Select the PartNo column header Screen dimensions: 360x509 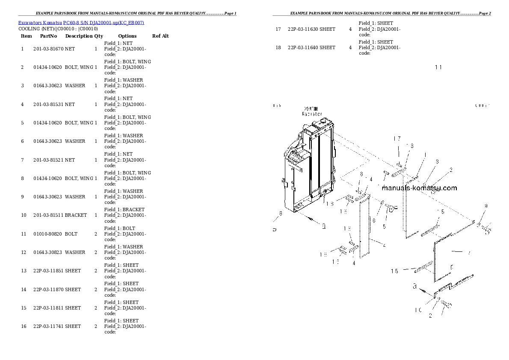pyautogui.click(x=48, y=36)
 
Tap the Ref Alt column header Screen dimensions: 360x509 pyautogui.click(x=160, y=36)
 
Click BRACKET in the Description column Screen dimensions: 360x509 pyautogui.click(x=76, y=215)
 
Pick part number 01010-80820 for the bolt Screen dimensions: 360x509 pyautogui.click(x=47, y=234)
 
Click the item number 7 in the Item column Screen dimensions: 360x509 pyautogui.click(x=22, y=160)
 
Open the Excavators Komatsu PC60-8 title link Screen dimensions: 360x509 pyautogui.click(x=81, y=22)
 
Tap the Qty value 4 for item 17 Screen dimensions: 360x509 pyautogui.click(x=350, y=29)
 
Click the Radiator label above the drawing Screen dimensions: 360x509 pyautogui.click(x=312, y=114)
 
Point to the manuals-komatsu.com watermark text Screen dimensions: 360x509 pyautogui.click(x=419, y=188)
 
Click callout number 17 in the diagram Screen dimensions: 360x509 pyautogui.click(x=397, y=139)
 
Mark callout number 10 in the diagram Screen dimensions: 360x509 pyautogui.click(x=417, y=310)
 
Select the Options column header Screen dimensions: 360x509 pyautogui.click(x=127, y=36)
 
